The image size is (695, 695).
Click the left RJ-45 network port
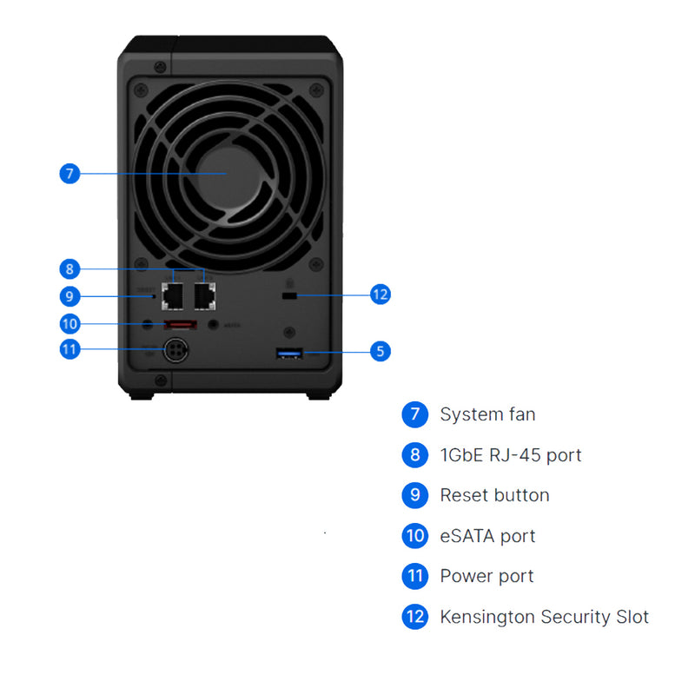point(173,296)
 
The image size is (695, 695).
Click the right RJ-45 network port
point(205,296)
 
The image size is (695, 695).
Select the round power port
point(176,351)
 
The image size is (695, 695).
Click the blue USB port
point(288,352)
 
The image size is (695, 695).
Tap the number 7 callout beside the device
point(70,174)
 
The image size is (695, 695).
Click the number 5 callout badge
point(379,352)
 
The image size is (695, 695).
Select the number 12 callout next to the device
point(380,295)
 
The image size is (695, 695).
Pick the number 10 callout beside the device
point(70,324)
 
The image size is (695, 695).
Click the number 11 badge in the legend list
point(415,576)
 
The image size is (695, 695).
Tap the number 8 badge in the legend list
point(415,454)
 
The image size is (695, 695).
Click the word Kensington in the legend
point(487,617)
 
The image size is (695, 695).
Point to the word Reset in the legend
point(461,495)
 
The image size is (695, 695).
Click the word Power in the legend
point(463,576)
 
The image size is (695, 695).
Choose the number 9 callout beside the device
point(70,296)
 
